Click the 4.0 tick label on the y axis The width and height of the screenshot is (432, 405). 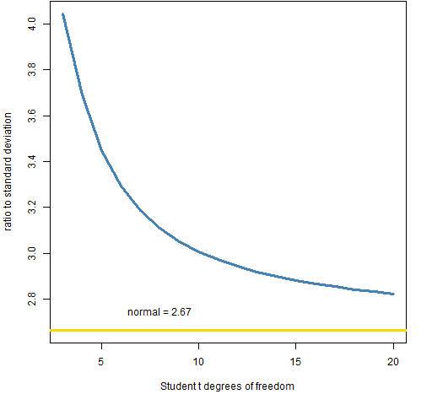pyautogui.click(x=32, y=24)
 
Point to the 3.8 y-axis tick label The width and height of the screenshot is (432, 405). pyautogui.click(x=32, y=70)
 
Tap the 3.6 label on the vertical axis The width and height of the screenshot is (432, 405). pyautogui.click(x=32, y=116)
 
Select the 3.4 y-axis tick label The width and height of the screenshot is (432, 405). pyautogui.click(x=32, y=162)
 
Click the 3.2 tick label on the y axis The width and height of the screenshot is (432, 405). pyautogui.click(x=32, y=208)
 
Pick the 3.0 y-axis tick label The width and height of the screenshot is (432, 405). pyautogui.click(x=32, y=253)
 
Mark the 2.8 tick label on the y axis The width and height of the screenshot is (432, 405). pyautogui.click(x=32, y=299)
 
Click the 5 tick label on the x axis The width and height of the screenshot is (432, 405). pyautogui.click(x=101, y=362)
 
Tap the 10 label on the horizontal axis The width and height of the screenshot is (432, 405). pyautogui.click(x=198, y=362)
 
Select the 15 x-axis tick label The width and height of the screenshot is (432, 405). pyautogui.click(x=295, y=362)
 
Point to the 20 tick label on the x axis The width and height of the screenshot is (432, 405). pyautogui.click(x=393, y=362)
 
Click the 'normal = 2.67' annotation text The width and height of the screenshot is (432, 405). pyautogui.click(x=159, y=312)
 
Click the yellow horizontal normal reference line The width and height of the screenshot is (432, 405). pyautogui.click(x=228, y=330)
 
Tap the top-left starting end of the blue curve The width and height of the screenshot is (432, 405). pyautogui.click(x=63, y=14)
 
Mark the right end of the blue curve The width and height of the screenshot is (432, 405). pyautogui.click(x=393, y=294)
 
